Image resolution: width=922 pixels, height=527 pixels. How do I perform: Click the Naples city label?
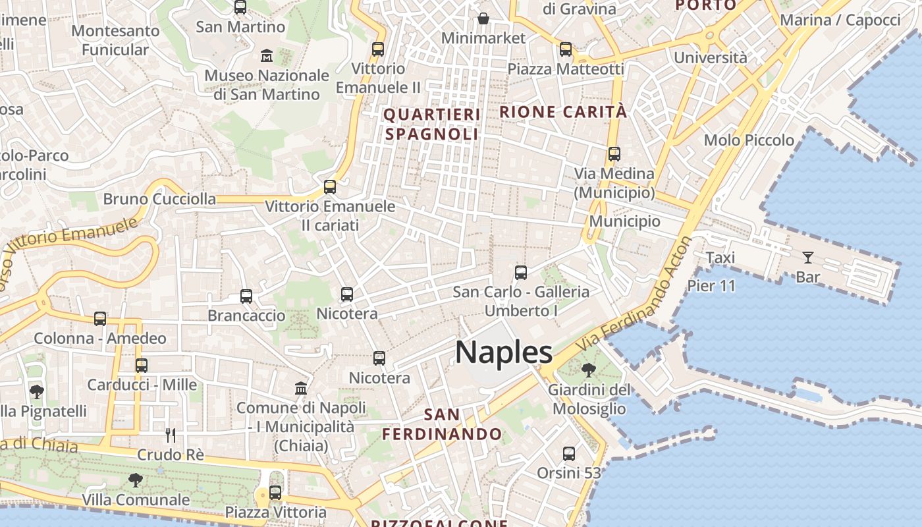[504, 353]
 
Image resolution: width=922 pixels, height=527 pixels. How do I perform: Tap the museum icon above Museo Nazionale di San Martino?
[267, 55]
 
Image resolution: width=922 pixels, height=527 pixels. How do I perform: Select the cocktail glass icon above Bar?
[807, 258]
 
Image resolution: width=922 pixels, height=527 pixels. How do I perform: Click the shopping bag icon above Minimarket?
[483, 18]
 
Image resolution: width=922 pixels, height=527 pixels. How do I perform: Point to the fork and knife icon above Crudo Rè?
[170, 435]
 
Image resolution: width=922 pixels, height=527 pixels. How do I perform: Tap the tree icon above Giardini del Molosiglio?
[588, 370]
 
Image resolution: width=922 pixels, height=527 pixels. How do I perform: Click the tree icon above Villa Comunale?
[136, 480]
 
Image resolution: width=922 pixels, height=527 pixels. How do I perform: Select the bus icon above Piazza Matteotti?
[565, 49]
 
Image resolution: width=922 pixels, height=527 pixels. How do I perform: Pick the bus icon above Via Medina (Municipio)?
[614, 154]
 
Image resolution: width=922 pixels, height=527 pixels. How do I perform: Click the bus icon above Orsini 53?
[569, 454]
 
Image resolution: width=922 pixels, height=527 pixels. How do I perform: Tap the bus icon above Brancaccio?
[246, 296]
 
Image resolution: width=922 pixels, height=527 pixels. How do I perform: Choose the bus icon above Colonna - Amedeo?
[100, 319]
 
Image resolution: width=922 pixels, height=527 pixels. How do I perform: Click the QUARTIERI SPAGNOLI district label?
[432, 125]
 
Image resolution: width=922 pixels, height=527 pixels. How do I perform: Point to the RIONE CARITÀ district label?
[563, 112]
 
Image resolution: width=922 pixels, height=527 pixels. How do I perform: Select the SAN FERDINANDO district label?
[442, 424]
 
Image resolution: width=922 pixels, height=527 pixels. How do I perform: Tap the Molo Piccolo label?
[749, 140]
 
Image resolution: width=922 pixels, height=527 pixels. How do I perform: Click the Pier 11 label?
[711, 286]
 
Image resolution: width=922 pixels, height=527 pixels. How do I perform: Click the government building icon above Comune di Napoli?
[301, 388]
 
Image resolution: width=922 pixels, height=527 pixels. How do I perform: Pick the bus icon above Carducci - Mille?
[142, 366]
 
